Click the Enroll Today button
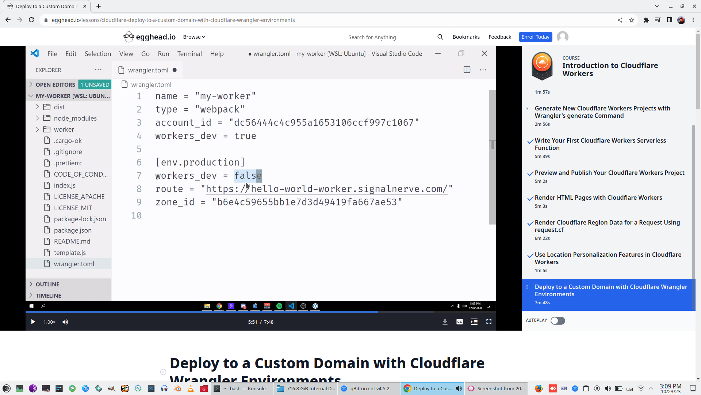[535, 37]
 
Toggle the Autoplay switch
[558, 321]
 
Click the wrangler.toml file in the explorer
[74, 264]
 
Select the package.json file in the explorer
[73, 230]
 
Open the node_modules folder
[75, 118]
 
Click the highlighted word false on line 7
[248, 176]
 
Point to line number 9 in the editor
[139, 202]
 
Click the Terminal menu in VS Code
[189, 54]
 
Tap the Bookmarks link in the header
[466, 37]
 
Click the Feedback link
[499, 37]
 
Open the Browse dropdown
[194, 37]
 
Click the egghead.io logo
[150, 37]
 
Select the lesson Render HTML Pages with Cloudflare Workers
[598, 198]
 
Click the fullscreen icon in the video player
[489, 322]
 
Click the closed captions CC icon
[459, 322]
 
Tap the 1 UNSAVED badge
[95, 84]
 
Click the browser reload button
[31, 20]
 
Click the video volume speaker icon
[65, 322]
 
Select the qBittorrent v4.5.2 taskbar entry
[369, 388]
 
